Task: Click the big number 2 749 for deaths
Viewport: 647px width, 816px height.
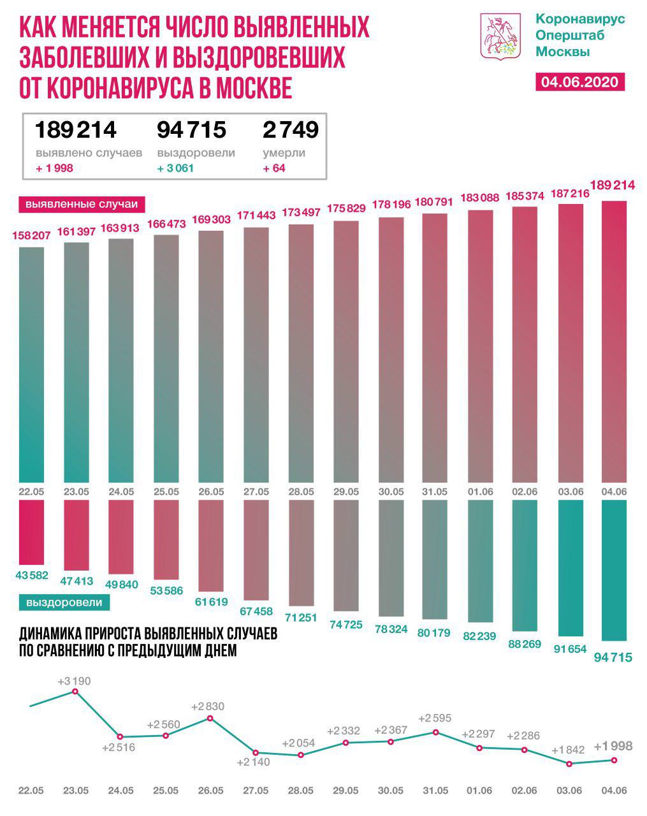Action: pos(290,129)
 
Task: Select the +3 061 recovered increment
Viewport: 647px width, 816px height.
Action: pos(175,168)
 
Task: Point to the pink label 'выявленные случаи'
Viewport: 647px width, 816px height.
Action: pos(81,205)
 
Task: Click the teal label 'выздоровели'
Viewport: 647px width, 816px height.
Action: pos(64,602)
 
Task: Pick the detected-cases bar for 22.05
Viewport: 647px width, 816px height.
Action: pos(32,363)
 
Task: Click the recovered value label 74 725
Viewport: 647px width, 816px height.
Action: pos(345,625)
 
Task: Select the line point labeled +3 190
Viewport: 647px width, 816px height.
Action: pos(75,692)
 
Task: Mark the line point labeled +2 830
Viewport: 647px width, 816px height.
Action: pos(210,718)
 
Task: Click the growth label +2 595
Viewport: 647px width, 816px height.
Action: pos(435,718)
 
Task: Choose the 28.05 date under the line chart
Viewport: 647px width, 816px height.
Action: pos(300,790)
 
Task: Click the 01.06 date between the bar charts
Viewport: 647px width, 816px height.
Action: pos(479,492)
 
